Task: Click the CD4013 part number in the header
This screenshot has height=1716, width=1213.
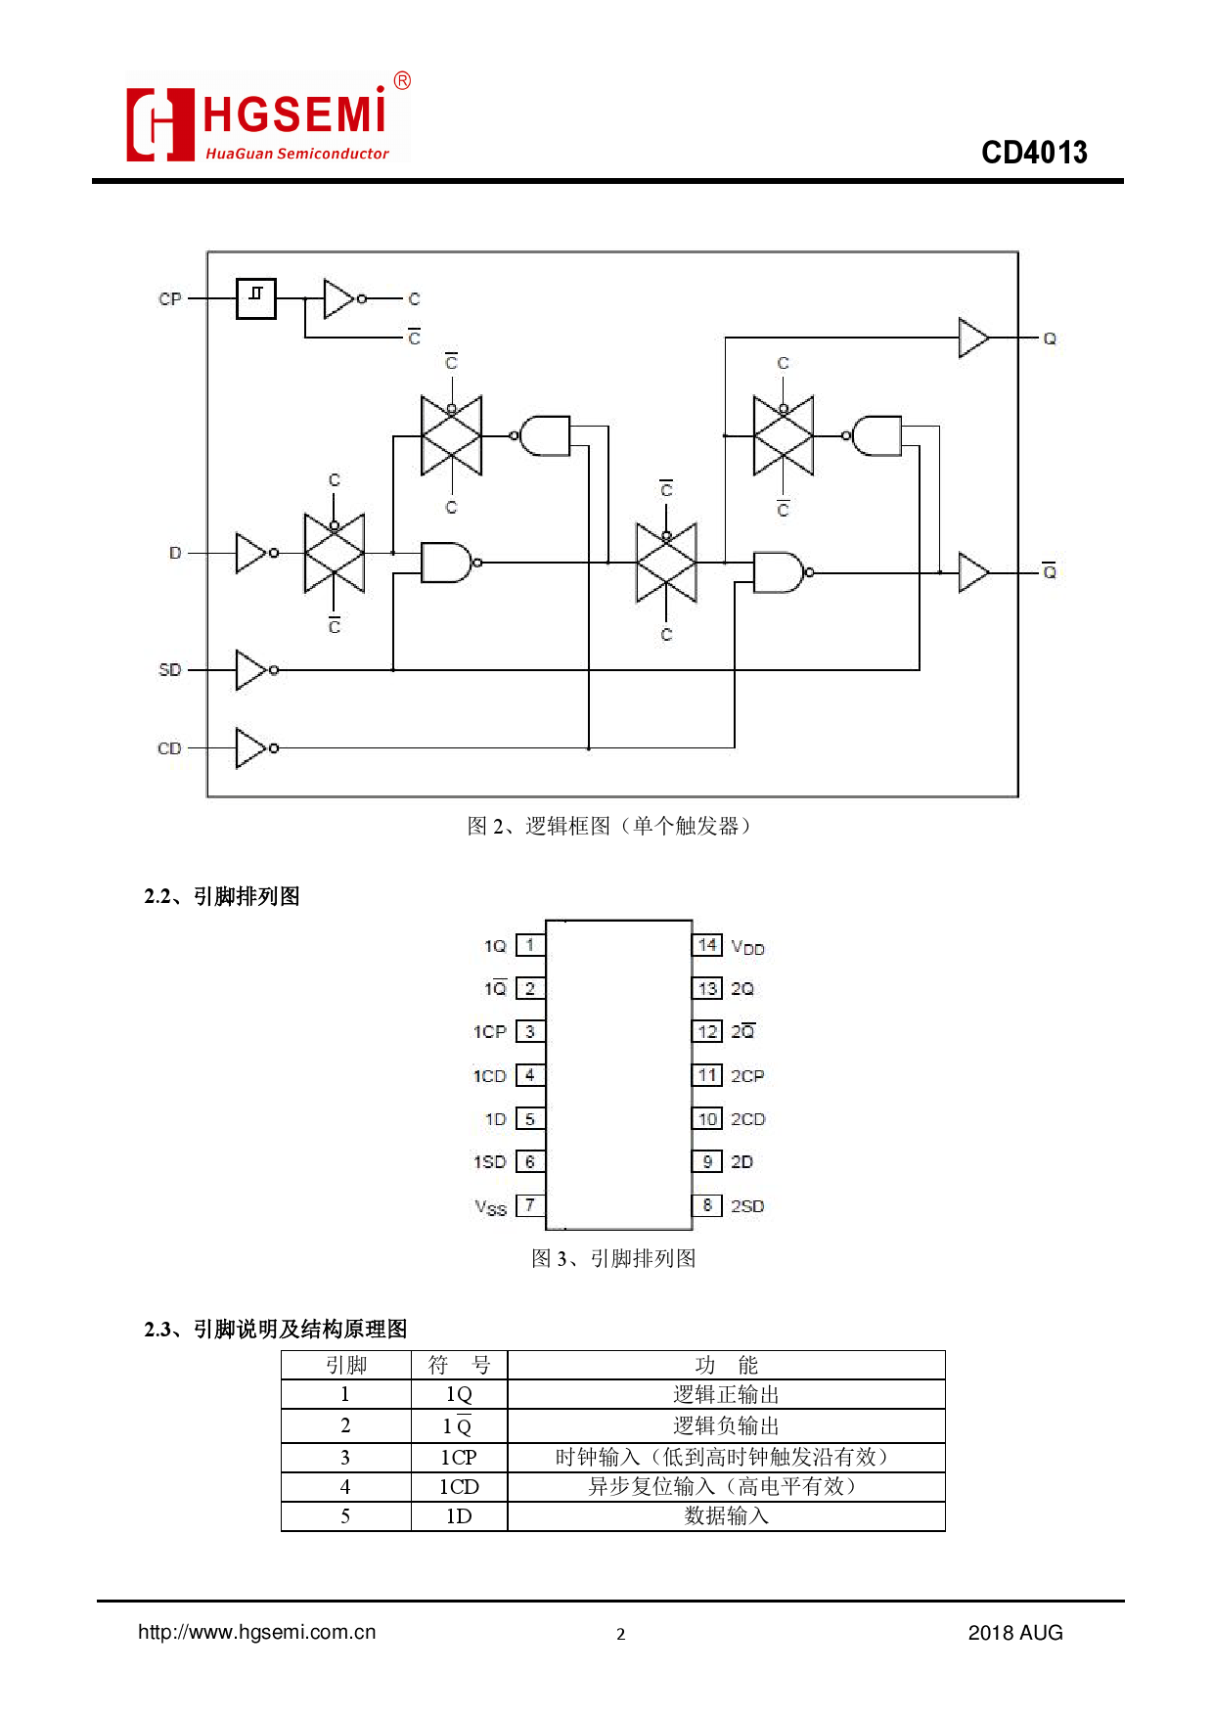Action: click(1034, 153)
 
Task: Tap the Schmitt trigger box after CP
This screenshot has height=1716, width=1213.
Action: click(256, 298)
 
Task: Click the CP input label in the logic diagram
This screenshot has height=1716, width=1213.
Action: click(169, 299)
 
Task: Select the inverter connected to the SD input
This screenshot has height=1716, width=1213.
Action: click(252, 670)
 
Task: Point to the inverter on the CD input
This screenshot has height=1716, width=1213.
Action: click(252, 748)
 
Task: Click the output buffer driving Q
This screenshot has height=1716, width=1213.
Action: click(973, 339)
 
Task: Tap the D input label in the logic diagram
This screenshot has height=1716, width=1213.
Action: click(175, 554)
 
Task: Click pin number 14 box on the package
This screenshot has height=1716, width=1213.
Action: click(707, 945)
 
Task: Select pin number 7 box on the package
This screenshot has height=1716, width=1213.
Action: click(530, 1205)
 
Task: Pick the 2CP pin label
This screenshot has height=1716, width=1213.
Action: click(747, 1076)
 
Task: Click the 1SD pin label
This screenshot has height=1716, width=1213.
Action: click(490, 1162)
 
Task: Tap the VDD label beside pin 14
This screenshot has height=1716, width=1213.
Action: click(747, 947)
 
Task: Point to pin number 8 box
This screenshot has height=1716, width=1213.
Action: click(707, 1205)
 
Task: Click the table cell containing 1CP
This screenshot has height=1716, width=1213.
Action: click(459, 1458)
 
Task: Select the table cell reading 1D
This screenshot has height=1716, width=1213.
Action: click(459, 1516)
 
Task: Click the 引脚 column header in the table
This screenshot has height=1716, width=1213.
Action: click(346, 1365)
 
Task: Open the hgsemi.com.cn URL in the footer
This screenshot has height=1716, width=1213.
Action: click(257, 1632)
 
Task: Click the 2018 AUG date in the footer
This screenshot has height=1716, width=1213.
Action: click(1014, 1633)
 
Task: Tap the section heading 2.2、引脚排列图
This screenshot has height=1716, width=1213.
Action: click(222, 896)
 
